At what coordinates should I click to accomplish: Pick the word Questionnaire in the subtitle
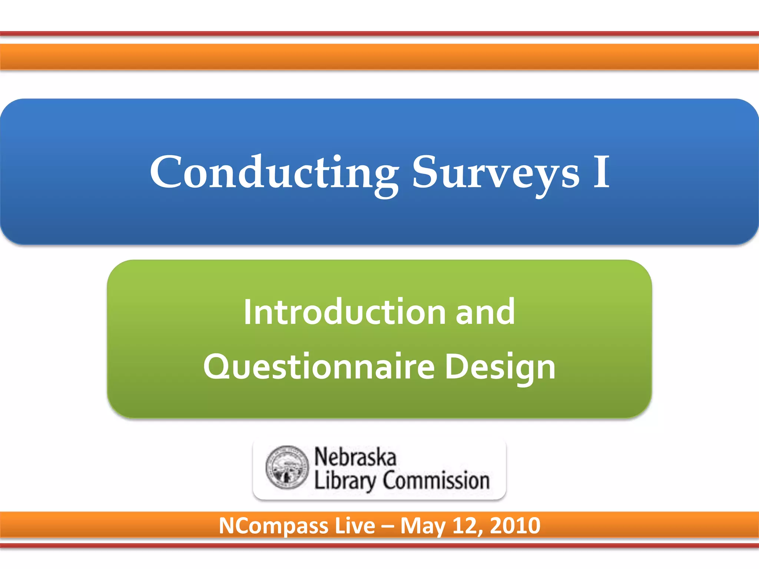319,367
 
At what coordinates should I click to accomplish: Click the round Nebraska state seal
287,467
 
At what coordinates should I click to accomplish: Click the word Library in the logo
345,480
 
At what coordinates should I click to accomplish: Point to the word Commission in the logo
436,480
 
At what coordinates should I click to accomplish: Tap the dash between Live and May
387,526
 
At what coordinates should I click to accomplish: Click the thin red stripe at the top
379,34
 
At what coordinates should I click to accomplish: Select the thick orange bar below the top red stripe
379,57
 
